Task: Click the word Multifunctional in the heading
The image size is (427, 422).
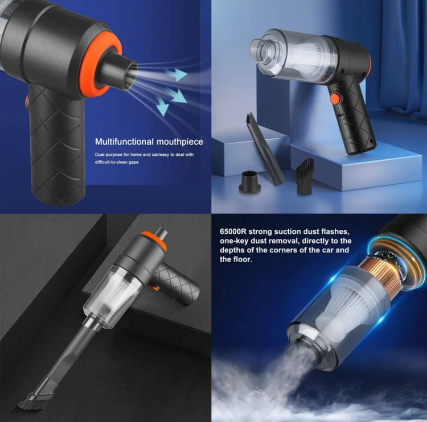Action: tap(125, 142)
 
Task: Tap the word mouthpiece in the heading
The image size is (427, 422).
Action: tap(180, 142)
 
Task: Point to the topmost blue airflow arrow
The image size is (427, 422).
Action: tap(176, 74)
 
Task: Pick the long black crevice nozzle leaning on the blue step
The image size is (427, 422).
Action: tap(265, 149)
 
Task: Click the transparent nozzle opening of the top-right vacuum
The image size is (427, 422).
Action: tap(261, 52)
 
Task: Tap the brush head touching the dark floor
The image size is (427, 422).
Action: tap(31, 397)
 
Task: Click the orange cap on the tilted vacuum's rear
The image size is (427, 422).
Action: tap(154, 241)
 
